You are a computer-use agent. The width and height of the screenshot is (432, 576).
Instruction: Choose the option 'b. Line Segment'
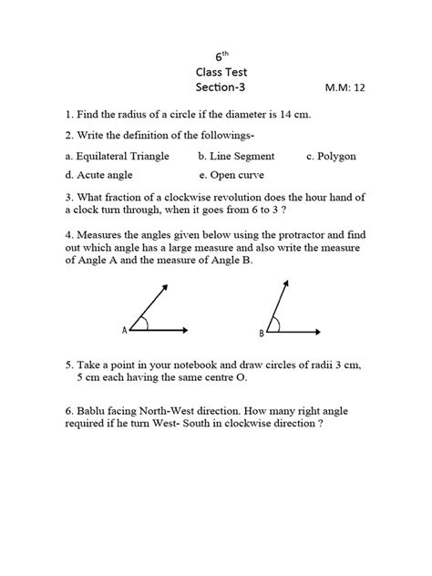tap(236, 157)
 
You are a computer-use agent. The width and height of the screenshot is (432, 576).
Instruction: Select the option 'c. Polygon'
tap(331, 157)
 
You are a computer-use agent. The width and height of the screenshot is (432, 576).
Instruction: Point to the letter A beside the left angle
tap(124, 331)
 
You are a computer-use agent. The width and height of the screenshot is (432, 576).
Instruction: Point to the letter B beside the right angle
tap(261, 334)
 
